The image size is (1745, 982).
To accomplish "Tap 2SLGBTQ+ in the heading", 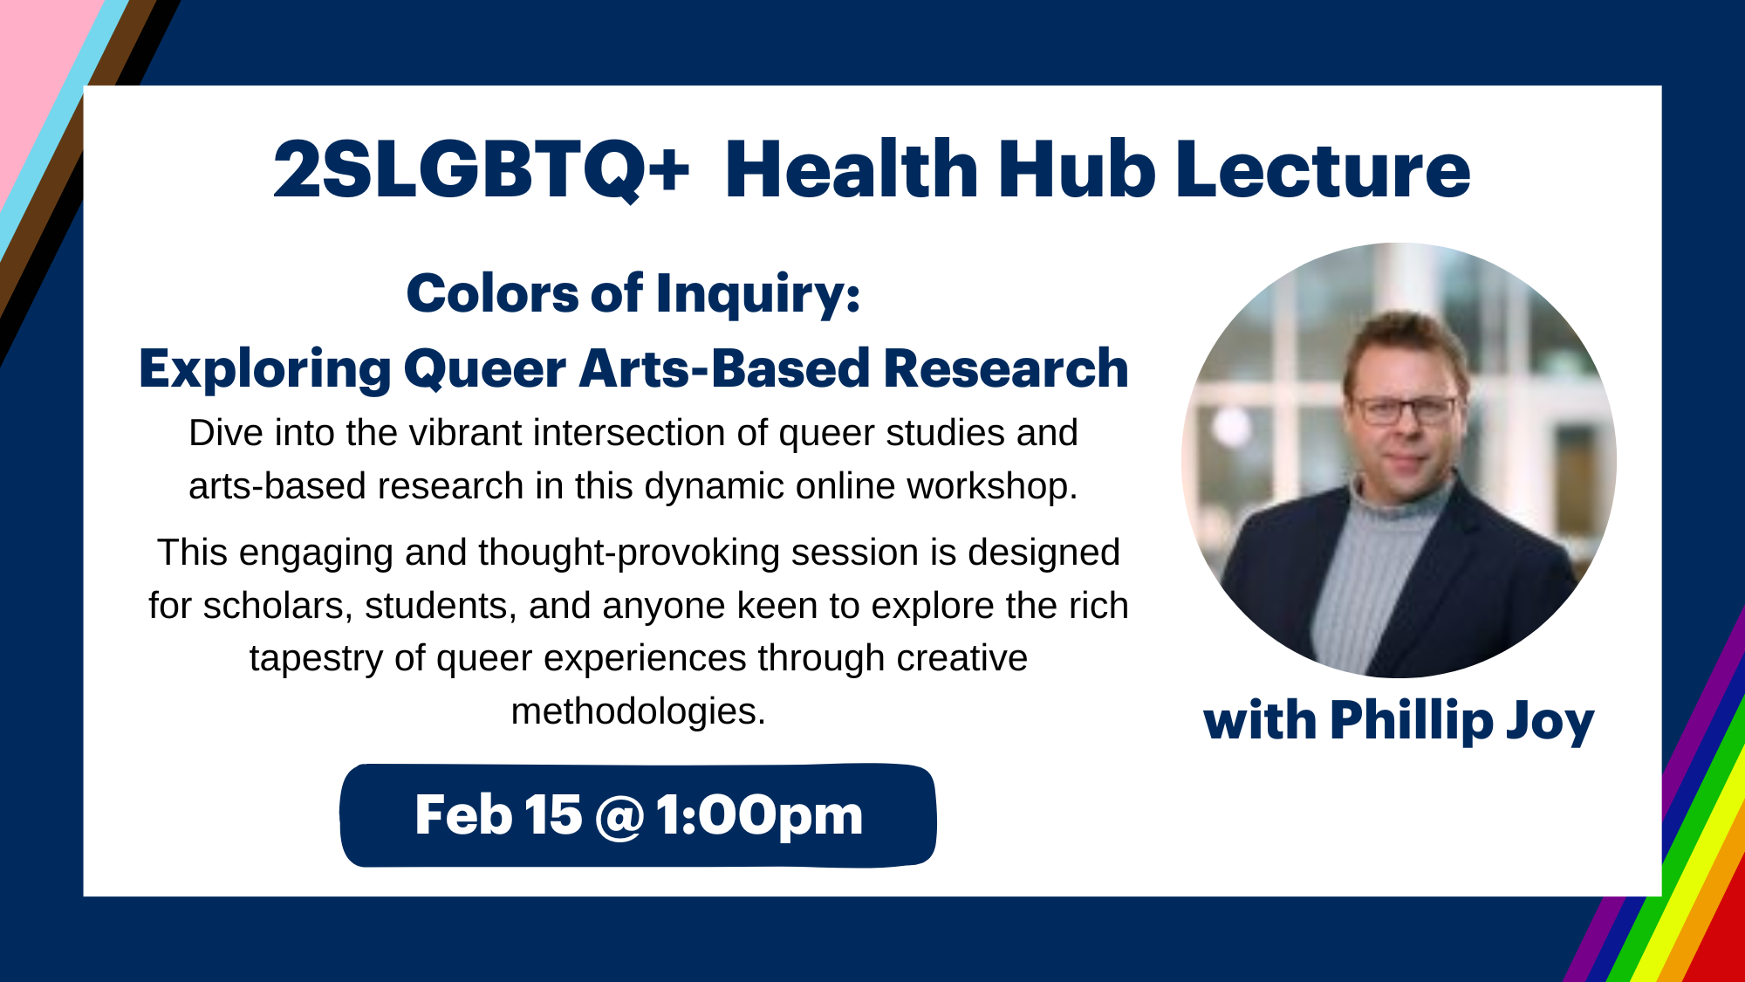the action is (x=482, y=170).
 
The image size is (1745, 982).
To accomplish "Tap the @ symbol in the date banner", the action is (x=619, y=817).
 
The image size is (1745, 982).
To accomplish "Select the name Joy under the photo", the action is (x=1550, y=723).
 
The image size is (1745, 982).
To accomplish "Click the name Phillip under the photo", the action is (x=1412, y=721).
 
